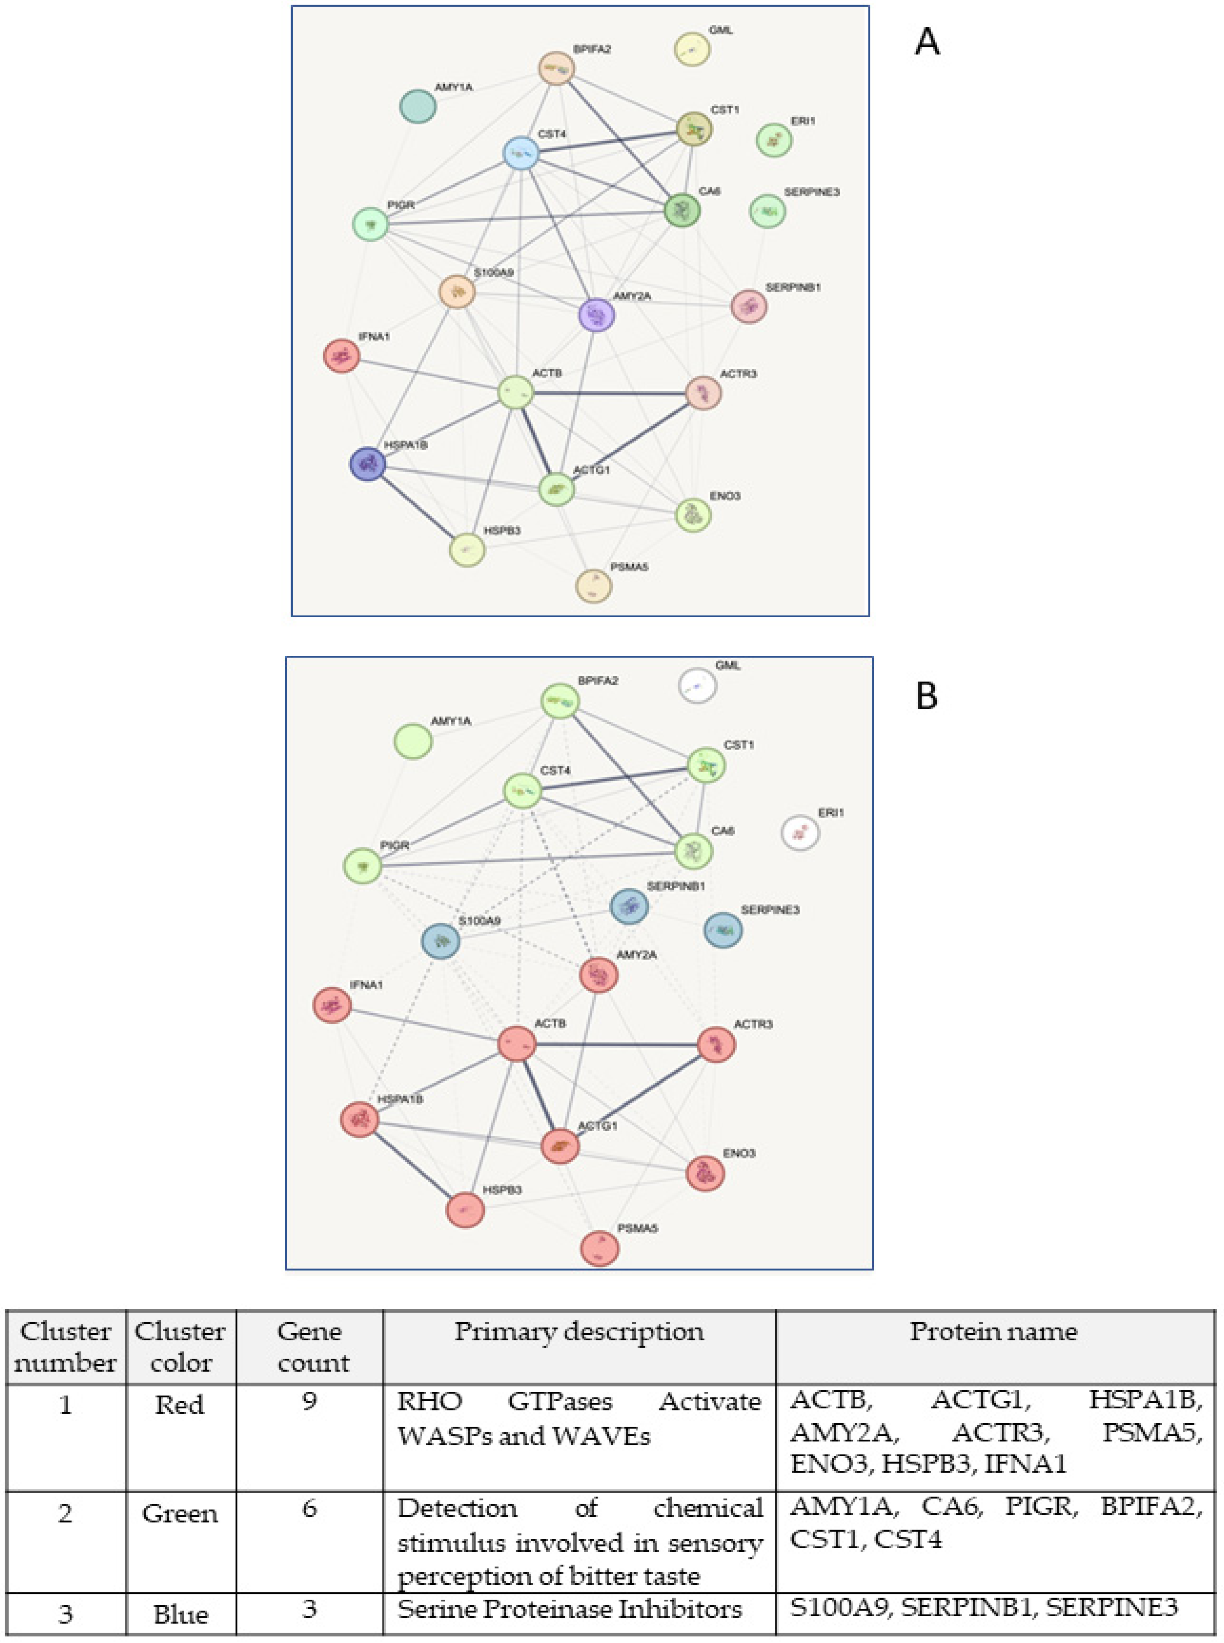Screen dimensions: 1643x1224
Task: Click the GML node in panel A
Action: pos(691,49)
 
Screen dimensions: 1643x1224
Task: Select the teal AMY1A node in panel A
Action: pos(418,106)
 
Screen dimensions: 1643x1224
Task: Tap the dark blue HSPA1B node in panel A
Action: pos(367,464)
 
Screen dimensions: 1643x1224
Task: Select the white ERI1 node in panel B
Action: pos(800,832)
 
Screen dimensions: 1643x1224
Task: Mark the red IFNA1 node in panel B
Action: pos(332,1005)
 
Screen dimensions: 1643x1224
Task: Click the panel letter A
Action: pos(927,42)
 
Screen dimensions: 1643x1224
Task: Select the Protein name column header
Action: pos(994,1332)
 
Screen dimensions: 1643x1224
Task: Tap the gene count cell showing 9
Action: pos(310,1401)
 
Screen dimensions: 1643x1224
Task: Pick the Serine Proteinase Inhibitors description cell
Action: pos(569,1609)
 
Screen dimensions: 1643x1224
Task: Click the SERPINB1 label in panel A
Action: pos(793,287)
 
